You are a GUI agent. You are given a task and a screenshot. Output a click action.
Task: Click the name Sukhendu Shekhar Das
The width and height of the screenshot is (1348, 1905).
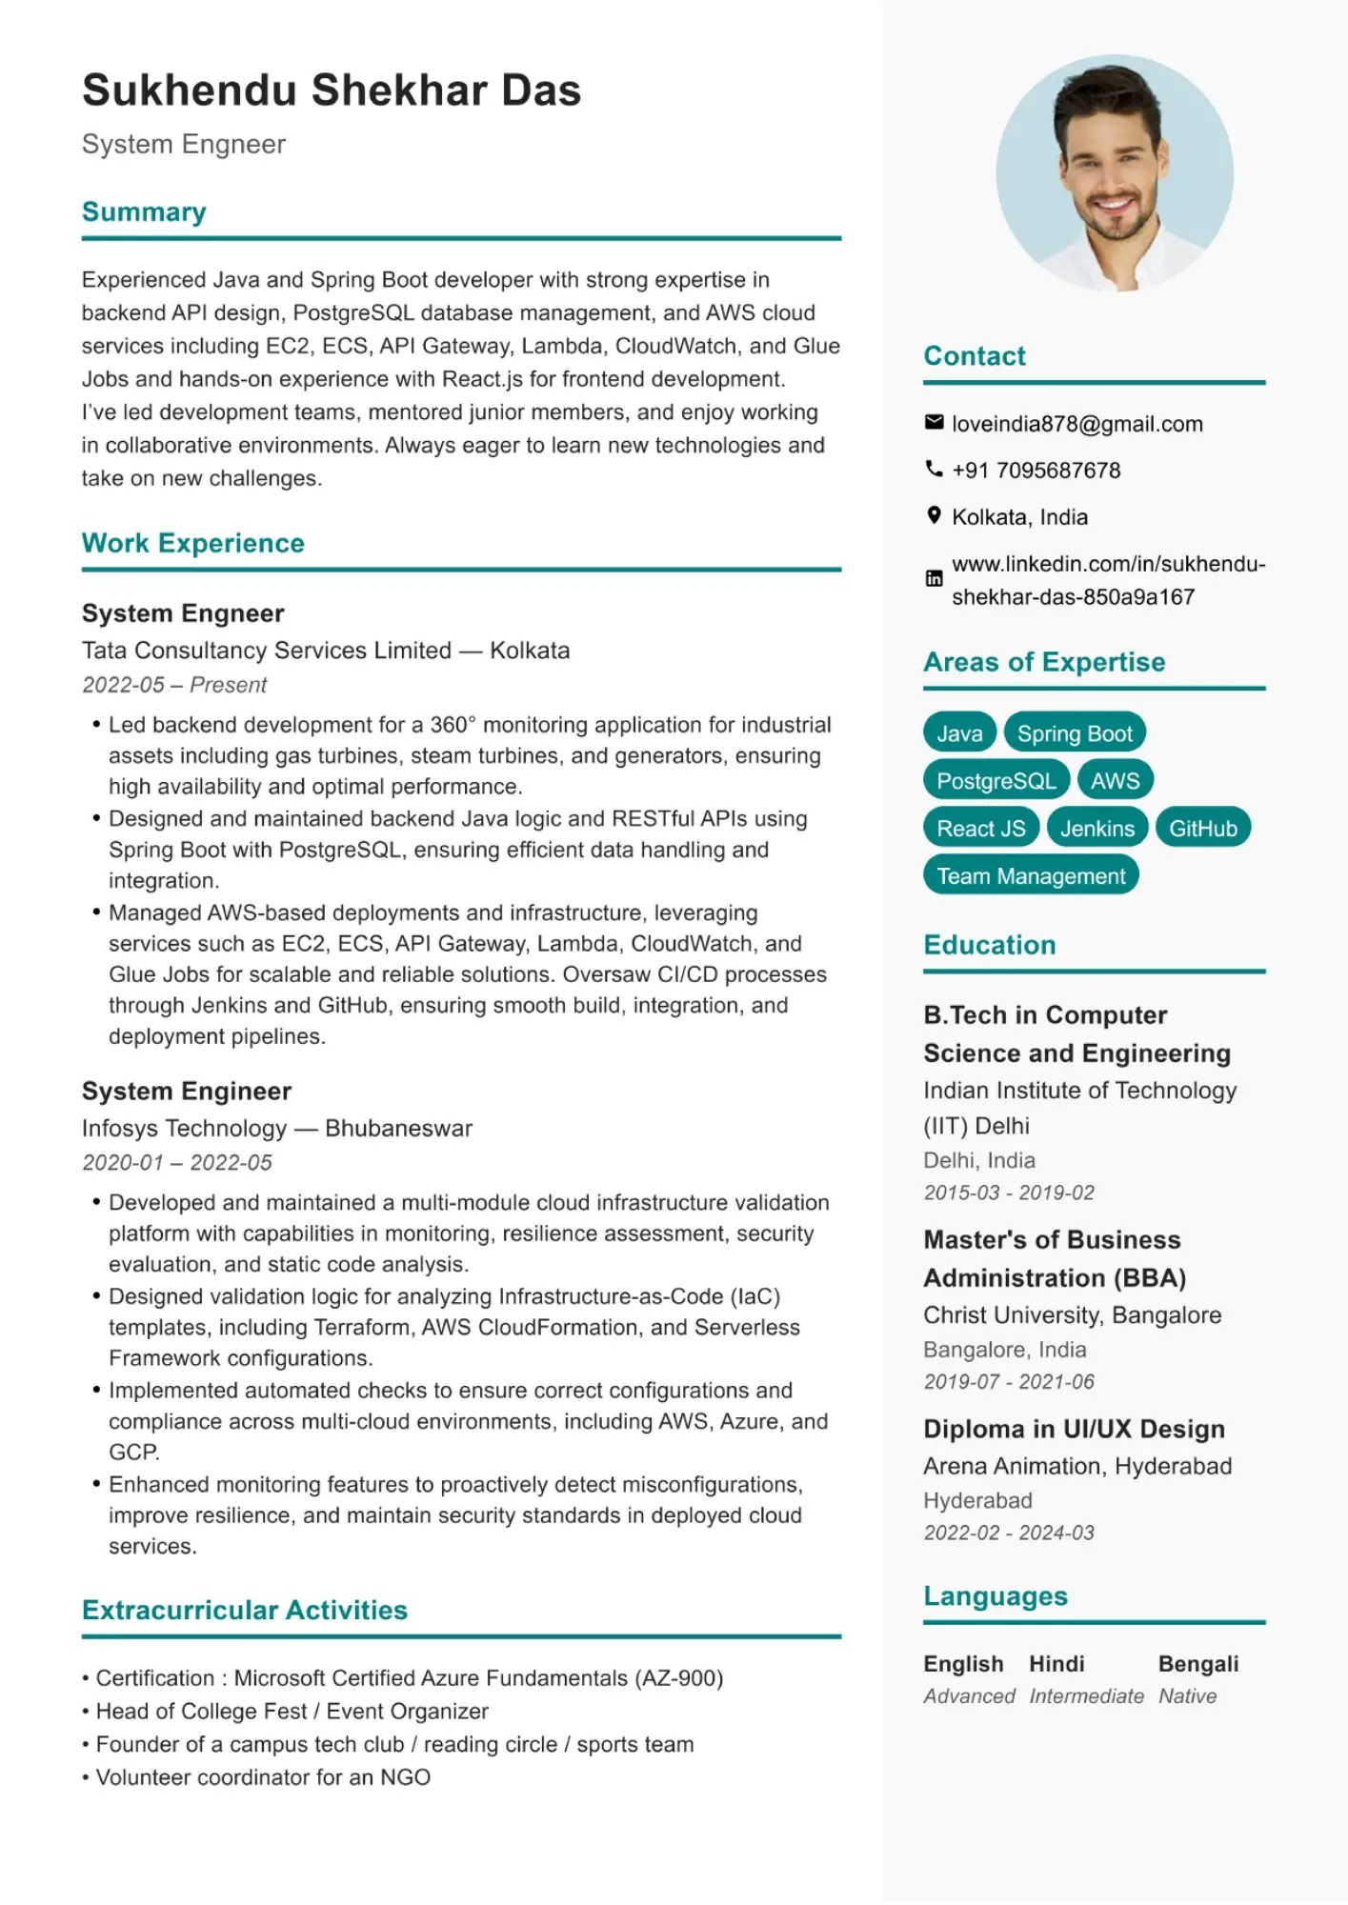(332, 90)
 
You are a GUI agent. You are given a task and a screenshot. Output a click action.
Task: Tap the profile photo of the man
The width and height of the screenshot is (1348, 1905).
(1114, 172)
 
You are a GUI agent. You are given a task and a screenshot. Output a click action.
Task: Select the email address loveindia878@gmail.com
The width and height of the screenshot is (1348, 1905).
(1076, 424)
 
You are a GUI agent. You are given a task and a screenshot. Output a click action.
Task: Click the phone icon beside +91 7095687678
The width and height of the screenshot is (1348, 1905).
(934, 469)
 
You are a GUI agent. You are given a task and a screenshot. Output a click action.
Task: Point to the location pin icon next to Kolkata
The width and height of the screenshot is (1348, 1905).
(934, 515)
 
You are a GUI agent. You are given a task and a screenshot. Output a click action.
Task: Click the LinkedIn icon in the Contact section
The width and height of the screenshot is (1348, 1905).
(934, 578)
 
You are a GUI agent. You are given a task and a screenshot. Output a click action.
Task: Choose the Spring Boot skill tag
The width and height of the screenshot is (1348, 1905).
(1074, 733)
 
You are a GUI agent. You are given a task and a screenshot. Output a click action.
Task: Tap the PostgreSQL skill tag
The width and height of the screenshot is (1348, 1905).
(996, 781)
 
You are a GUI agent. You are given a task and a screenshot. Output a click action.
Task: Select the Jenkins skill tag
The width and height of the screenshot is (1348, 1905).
(1097, 829)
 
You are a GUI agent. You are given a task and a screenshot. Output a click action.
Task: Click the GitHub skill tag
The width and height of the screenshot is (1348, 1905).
(1202, 829)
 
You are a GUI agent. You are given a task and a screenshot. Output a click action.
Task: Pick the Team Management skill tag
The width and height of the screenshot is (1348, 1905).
(1030, 876)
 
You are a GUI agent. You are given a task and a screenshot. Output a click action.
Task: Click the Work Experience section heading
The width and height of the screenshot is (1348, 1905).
(193, 543)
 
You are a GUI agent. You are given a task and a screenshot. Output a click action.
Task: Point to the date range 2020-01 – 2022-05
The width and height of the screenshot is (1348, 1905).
(177, 1162)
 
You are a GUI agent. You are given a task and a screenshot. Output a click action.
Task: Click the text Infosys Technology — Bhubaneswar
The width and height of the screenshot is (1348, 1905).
(276, 1128)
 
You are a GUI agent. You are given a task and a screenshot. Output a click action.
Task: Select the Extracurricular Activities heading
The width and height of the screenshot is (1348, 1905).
(245, 1610)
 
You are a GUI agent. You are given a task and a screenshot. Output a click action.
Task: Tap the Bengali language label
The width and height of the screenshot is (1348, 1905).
(1197, 1664)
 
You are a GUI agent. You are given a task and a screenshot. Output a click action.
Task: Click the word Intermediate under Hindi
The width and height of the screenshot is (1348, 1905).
(1086, 1696)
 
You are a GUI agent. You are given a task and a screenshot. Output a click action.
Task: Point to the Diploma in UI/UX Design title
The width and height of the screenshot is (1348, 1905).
(1074, 1429)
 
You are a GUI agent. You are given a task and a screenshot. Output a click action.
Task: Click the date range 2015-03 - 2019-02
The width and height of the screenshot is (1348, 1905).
(1008, 1193)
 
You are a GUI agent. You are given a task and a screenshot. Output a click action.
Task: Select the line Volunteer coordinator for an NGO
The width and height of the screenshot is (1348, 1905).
(262, 1777)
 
